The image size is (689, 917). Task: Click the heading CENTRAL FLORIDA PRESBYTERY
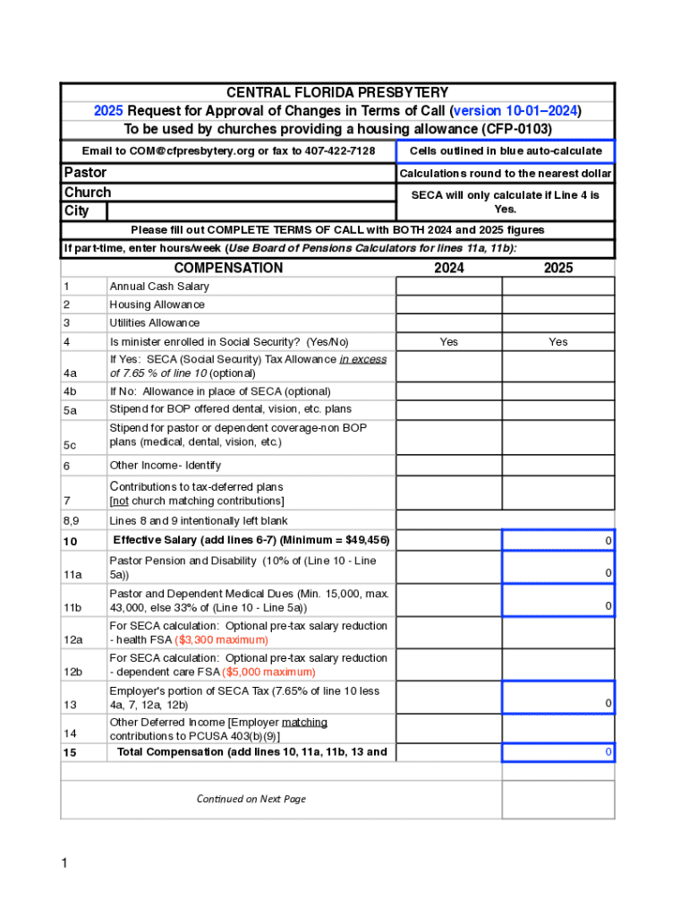coord(337,93)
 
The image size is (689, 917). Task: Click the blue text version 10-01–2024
coord(516,111)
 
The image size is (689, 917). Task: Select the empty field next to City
coord(250,211)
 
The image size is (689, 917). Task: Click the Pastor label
coord(85,172)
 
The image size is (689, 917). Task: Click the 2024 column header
coord(448,268)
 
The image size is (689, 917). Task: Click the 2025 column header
coord(557,268)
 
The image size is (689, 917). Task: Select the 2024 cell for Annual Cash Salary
coord(448,287)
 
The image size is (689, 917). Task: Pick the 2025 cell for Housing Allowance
coord(557,304)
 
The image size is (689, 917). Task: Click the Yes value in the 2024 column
coord(448,342)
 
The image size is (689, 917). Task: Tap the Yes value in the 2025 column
coord(557,342)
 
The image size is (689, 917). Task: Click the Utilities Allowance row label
coord(154,323)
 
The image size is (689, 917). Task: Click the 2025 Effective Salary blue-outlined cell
coord(557,541)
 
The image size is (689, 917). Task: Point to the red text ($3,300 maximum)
coord(221,640)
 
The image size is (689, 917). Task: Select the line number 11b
coord(72,608)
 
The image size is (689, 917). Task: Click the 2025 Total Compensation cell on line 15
coord(557,752)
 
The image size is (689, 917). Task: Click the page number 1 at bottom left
coord(64,863)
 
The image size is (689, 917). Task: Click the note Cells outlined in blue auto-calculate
coord(506,150)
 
